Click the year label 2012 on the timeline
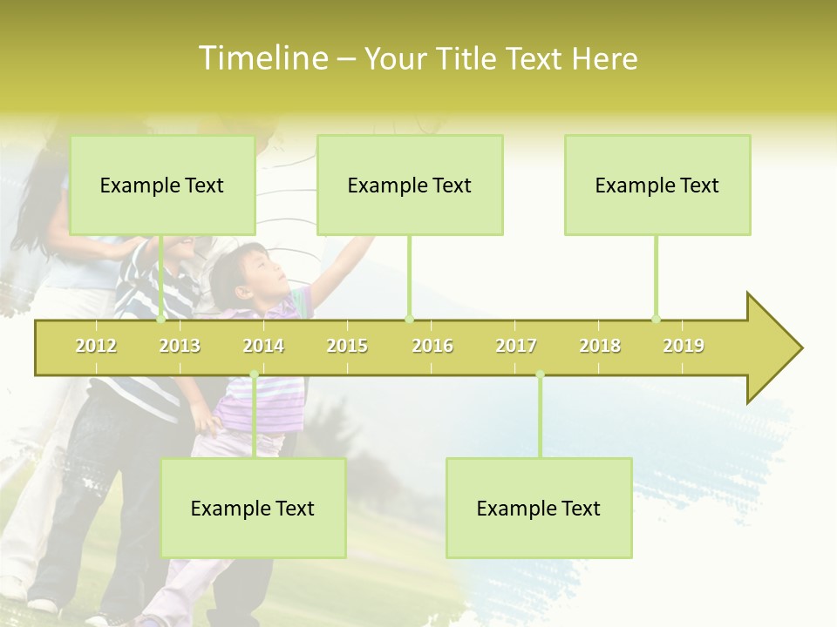96,346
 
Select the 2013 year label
180,346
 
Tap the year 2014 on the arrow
263,346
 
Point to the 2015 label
347,346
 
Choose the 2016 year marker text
432,346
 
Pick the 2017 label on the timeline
516,346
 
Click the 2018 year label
600,346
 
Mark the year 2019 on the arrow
684,346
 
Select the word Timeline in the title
261,58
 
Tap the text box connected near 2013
162,185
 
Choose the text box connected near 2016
410,185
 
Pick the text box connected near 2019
657,185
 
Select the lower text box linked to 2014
253,508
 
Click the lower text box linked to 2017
539,508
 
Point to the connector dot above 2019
657,319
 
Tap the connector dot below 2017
540,374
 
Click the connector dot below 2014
254,374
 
